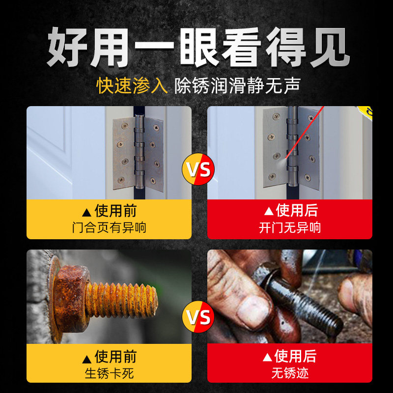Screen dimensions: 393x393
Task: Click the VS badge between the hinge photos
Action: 198,169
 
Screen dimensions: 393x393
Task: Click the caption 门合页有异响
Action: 109,227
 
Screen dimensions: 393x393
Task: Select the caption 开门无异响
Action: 290,227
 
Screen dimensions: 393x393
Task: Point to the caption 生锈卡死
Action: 109,373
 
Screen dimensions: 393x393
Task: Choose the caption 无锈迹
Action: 290,373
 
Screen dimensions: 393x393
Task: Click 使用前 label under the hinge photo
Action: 115,211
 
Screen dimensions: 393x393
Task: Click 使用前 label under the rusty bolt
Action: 115,356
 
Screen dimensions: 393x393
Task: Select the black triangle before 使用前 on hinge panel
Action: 86,212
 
